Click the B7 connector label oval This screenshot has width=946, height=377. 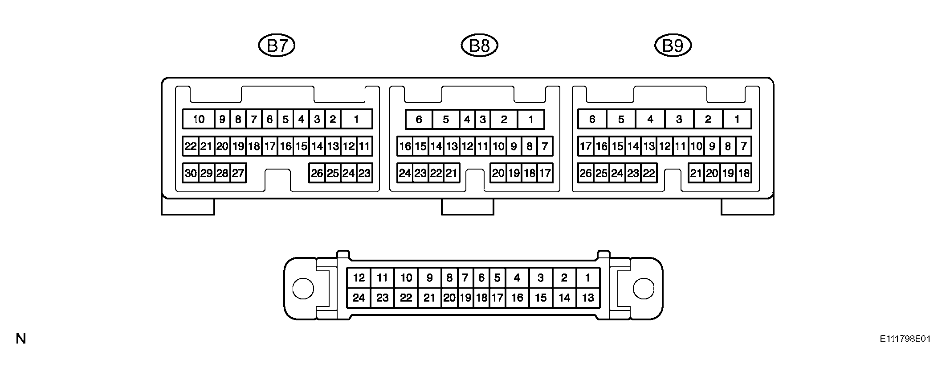pos(277,46)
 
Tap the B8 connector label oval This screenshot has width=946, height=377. pos(479,46)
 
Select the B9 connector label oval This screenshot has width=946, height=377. pos(673,46)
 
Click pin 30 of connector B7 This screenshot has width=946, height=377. pos(191,173)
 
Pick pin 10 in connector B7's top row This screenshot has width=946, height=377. pos(199,119)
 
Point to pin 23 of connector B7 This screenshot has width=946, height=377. pos(364,173)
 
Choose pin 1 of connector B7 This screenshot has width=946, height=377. pos(356,119)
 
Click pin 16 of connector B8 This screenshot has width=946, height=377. pos(405,146)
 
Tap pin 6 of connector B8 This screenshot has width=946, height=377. pos(419,119)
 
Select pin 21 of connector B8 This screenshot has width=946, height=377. pos(452,173)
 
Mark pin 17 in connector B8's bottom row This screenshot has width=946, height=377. pos(545,173)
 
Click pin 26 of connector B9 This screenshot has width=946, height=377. pos(586,173)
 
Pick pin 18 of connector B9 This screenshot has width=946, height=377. pos(744,173)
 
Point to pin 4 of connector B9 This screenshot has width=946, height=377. pos(650,119)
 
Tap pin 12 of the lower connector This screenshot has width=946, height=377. pos(359,278)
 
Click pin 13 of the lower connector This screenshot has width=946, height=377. pos(588,298)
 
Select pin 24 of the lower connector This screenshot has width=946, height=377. pos(359,298)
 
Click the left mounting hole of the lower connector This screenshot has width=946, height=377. pos(303,289)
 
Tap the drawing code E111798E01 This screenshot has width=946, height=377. pos(905,339)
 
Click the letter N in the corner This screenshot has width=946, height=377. pos(21,339)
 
